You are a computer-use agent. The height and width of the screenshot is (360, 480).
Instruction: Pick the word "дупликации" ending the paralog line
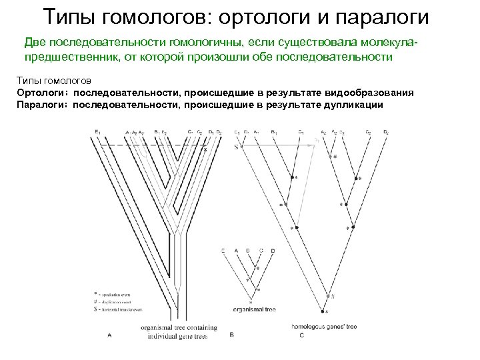(x=353, y=105)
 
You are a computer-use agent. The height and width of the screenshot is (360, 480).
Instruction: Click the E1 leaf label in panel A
(x=98, y=131)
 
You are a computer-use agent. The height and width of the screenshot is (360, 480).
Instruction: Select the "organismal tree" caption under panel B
(x=254, y=309)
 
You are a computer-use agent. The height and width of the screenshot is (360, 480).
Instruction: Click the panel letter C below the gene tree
(x=301, y=335)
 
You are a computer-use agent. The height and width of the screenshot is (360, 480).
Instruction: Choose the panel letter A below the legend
(x=109, y=335)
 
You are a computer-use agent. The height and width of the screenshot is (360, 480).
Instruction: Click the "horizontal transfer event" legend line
(x=121, y=309)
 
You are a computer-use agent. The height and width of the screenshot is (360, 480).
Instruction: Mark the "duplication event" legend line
(x=116, y=301)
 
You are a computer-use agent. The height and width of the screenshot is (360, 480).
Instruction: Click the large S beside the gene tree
(x=235, y=147)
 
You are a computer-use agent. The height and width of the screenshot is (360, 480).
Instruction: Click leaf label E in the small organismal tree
(x=223, y=251)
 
